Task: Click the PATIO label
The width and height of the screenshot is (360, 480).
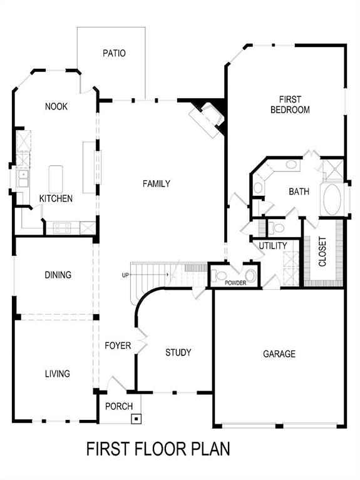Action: tap(114, 53)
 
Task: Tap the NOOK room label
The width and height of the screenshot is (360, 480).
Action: tap(56, 106)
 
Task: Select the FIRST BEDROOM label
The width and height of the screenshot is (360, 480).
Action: tap(290, 105)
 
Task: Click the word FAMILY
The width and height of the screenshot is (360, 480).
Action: tap(157, 183)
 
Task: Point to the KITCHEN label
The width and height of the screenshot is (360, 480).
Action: tap(56, 198)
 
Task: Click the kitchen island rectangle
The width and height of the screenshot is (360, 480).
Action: tap(56, 179)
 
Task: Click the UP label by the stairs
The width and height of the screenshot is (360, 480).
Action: tap(126, 275)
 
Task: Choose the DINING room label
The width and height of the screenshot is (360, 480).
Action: tap(58, 275)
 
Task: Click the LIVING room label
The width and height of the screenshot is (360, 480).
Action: tap(57, 374)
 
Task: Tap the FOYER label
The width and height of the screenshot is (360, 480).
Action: tap(118, 345)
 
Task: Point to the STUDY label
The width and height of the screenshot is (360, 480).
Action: tap(178, 352)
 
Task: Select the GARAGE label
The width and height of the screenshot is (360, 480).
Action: tap(279, 354)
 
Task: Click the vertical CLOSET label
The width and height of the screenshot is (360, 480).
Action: tap(322, 252)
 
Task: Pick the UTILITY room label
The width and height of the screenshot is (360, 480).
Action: tap(273, 245)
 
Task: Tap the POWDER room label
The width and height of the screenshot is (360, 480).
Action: tap(235, 283)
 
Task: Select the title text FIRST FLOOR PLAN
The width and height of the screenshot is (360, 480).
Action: tap(158, 449)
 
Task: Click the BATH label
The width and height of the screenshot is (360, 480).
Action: tap(299, 192)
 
